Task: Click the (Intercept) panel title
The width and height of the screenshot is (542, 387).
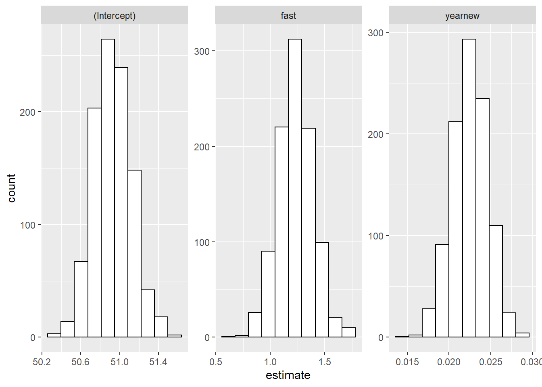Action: [115, 16]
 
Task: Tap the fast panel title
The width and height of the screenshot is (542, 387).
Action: [288, 16]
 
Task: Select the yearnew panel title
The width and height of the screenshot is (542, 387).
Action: [462, 16]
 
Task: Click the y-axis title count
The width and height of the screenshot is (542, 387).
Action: [11, 188]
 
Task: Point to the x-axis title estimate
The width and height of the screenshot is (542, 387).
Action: [288, 375]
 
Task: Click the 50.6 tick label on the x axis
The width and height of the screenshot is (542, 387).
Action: [80, 362]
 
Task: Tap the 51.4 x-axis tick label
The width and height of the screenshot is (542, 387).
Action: [158, 362]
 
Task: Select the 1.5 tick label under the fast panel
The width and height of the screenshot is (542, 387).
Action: [325, 362]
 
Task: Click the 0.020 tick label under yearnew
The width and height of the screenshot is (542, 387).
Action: [449, 362]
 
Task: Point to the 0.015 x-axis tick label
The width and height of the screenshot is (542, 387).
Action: [407, 362]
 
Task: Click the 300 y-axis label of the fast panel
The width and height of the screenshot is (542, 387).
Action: [202, 51]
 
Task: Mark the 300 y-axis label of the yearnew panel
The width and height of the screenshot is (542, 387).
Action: [375, 33]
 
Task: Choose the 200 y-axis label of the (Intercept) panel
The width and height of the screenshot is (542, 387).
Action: [28, 112]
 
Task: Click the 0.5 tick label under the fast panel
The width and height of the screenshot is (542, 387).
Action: [216, 362]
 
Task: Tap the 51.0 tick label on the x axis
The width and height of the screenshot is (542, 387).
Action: [119, 362]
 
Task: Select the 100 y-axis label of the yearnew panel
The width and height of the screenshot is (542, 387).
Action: [375, 236]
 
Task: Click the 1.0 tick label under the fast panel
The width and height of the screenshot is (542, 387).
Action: [270, 362]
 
